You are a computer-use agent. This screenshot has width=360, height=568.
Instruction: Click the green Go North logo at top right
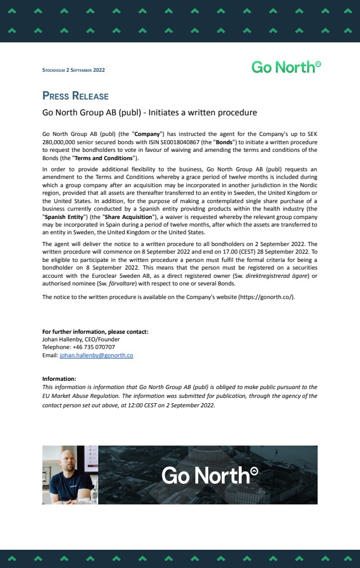point(286,67)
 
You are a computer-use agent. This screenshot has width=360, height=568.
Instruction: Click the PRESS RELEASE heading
point(75,96)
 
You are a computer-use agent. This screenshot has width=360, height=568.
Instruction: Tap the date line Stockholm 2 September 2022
point(74,71)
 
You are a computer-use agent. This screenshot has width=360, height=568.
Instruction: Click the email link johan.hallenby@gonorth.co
point(96,356)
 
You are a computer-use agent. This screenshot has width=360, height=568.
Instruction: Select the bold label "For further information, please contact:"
point(95,331)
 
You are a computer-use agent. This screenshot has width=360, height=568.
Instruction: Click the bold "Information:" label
point(59,378)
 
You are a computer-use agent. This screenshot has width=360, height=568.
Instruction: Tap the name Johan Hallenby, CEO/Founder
point(81,339)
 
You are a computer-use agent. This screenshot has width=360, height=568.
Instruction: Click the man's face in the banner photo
point(66,461)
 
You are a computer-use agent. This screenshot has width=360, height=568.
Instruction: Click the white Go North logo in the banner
point(209,474)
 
